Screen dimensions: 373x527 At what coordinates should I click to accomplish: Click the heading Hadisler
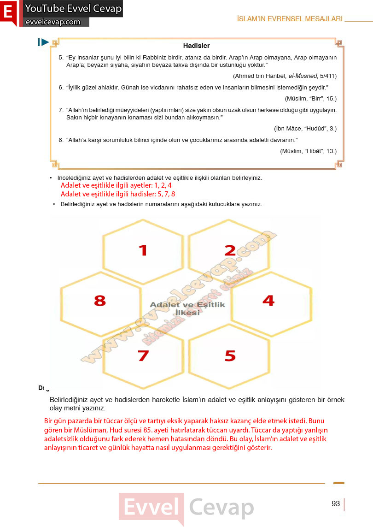(x=197, y=45)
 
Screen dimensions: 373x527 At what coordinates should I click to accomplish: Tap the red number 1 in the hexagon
(x=143, y=250)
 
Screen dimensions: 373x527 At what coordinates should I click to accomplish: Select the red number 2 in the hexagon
(x=230, y=250)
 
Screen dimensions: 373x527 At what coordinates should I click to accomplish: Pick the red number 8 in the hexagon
(x=100, y=301)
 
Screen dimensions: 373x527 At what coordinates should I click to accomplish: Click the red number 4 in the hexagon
(x=268, y=300)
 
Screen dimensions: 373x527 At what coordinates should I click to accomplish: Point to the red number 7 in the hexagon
(x=143, y=355)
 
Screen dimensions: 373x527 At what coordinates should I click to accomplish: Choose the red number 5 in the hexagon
(x=230, y=355)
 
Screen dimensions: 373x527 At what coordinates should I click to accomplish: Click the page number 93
(x=336, y=503)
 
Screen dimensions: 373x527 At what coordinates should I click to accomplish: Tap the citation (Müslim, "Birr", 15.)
(x=310, y=99)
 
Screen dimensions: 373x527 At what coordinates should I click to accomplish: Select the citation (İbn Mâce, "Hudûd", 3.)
(x=305, y=128)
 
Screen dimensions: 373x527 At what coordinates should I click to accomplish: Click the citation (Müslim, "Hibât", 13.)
(x=308, y=151)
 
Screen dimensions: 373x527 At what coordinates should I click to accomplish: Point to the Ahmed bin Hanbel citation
(x=285, y=76)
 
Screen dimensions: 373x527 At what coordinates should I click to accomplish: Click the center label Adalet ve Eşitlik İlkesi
(x=187, y=308)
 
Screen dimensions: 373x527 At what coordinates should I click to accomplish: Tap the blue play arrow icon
(x=43, y=42)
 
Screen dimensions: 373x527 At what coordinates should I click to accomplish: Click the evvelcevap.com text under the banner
(x=53, y=22)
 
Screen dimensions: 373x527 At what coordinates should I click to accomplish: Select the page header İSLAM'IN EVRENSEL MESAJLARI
(x=290, y=19)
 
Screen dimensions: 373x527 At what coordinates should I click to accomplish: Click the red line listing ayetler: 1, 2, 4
(x=116, y=185)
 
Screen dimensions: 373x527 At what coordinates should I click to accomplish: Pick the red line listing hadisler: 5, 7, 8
(x=118, y=194)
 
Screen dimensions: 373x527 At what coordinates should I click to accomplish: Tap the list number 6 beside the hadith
(x=61, y=88)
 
